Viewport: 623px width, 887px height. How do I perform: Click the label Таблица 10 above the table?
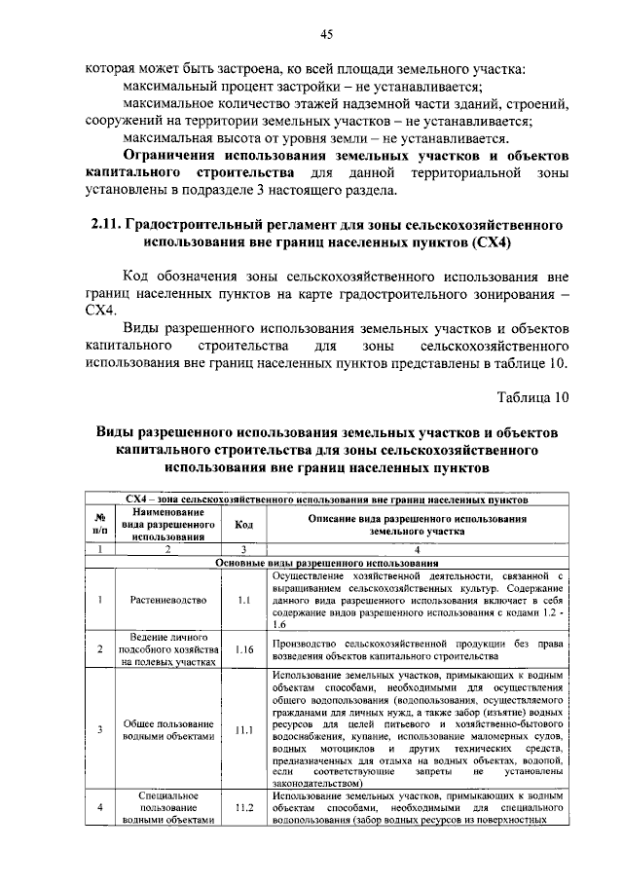click(531, 397)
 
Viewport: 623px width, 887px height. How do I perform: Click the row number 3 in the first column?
click(99, 730)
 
